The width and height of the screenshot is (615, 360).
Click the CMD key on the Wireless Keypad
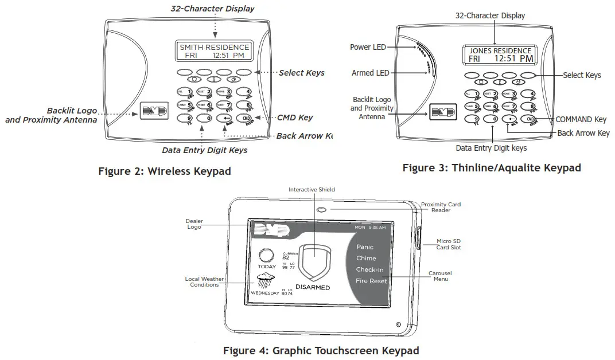(x=244, y=118)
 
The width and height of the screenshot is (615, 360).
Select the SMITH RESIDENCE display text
(x=214, y=47)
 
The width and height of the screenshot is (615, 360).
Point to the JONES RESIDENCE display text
(x=500, y=50)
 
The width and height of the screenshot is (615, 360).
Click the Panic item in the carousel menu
(x=365, y=247)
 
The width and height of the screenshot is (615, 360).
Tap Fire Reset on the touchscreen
(x=371, y=281)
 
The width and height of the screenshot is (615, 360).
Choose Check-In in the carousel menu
(x=369, y=269)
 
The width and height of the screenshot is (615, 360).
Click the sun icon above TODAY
(x=266, y=255)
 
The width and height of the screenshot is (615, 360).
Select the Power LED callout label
(x=368, y=47)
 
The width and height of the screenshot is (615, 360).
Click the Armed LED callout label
(x=371, y=73)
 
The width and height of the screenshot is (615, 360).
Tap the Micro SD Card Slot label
(x=449, y=244)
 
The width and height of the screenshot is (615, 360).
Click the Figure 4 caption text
(x=321, y=350)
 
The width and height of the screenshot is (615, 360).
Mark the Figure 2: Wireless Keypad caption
(x=165, y=171)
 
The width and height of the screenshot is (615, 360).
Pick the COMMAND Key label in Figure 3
(x=581, y=119)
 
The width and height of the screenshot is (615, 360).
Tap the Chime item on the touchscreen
(x=366, y=259)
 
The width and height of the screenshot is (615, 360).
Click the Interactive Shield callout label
(x=312, y=189)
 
